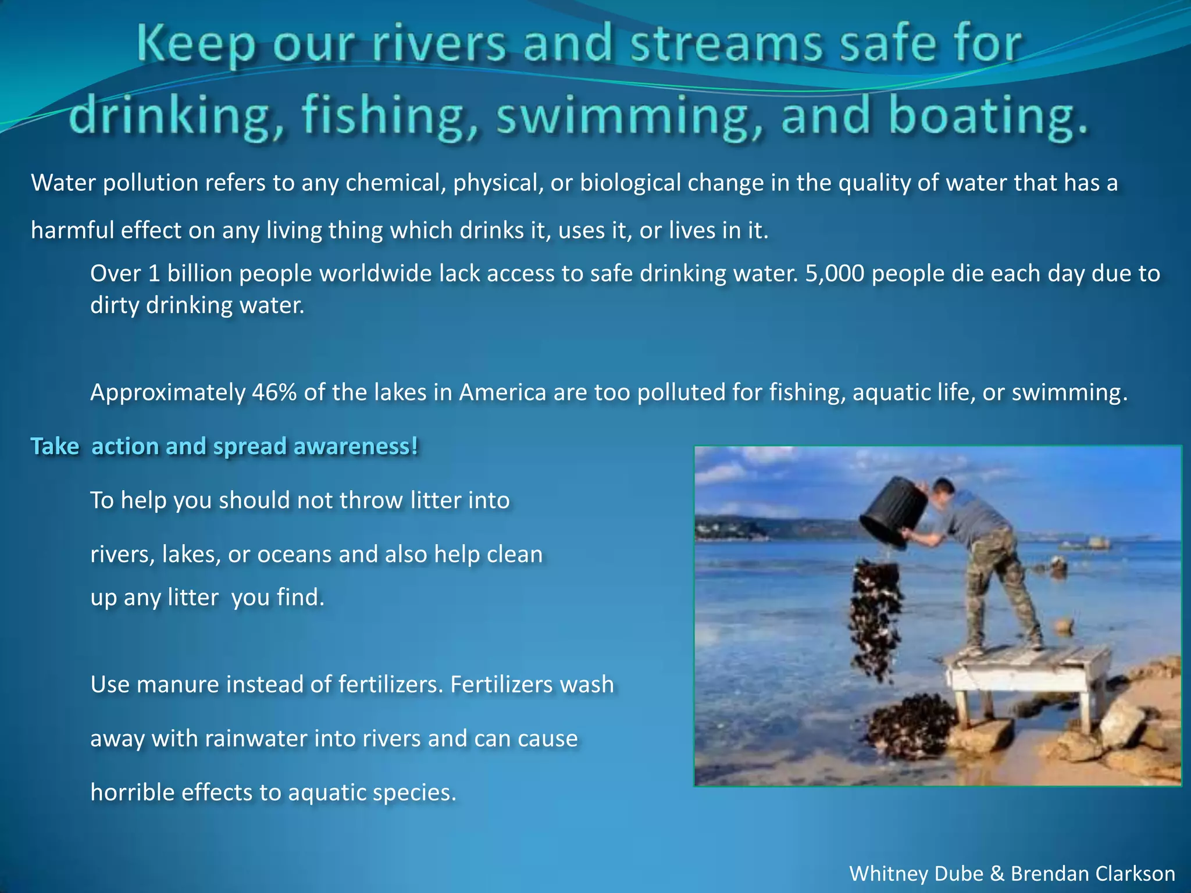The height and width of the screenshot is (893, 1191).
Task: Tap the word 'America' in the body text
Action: pos(502,392)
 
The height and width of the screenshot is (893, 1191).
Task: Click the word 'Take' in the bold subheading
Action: pos(55,446)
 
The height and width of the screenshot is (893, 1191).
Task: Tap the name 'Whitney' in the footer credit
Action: pos(887,873)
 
